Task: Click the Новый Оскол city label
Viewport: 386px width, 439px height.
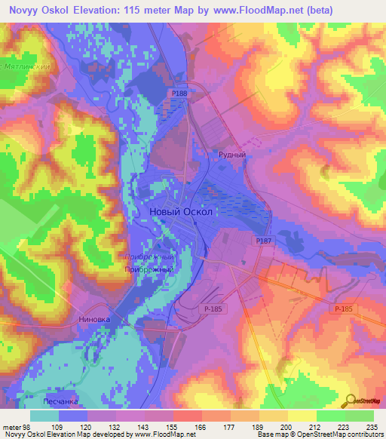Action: (186, 212)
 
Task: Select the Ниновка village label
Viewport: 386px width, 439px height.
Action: (94, 319)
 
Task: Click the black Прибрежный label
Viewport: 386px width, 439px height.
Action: (149, 269)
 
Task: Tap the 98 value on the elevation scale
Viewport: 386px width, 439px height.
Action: (29, 427)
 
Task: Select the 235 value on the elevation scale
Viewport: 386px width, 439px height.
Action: (369, 427)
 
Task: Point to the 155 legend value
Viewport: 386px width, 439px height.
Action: (172, 427)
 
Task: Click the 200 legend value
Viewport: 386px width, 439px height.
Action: (285, 427)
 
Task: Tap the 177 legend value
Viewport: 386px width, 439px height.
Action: (228, 427)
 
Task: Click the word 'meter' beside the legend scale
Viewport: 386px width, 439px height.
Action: (12, 427)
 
